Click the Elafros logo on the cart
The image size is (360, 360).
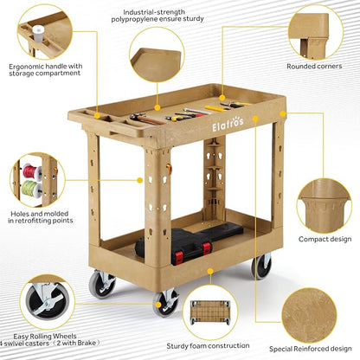(228, 124)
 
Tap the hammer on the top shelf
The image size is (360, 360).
(146, 119)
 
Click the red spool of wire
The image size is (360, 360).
(32, 171)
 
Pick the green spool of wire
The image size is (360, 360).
(31, 189)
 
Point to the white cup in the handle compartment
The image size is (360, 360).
(38, 35)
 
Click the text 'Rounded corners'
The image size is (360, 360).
(314, 67)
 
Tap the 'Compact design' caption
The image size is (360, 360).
(325, 239)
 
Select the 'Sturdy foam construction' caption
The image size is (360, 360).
(208, 345)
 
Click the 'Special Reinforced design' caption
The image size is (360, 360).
(311, 349)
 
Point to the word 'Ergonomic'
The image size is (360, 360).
(26, 67)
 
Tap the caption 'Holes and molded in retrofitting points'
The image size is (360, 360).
(41, 217)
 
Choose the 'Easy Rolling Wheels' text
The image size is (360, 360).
(45, 337)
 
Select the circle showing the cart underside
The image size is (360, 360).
(210, 312)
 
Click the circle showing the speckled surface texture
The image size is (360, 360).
(309, 315)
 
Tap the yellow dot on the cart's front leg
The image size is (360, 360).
(140, 180)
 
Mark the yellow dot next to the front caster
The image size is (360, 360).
(157, 305)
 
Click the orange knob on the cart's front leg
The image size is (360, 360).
(169, 169)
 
